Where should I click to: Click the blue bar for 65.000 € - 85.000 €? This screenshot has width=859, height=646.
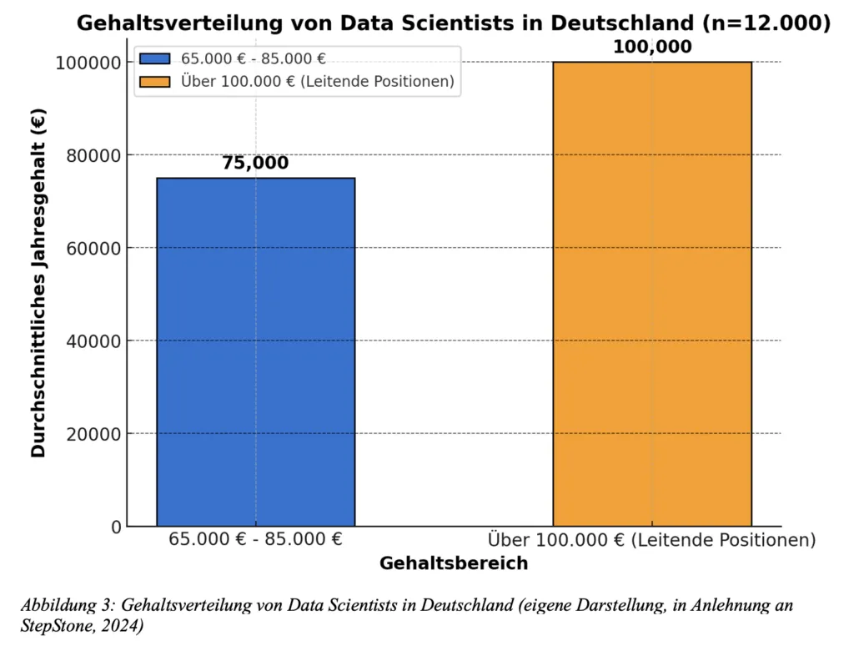255,351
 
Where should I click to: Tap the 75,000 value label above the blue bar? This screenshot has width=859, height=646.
255,163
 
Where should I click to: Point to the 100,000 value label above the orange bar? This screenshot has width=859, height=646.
652,47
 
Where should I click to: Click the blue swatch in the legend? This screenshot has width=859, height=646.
155,59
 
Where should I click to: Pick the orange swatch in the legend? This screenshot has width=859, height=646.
155,82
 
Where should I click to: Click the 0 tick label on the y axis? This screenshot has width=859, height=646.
117,527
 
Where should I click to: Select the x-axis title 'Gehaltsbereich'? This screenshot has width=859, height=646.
454,563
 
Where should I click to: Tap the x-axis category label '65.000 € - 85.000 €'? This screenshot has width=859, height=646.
255,539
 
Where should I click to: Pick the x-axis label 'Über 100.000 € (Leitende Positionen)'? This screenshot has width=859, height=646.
651,540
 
